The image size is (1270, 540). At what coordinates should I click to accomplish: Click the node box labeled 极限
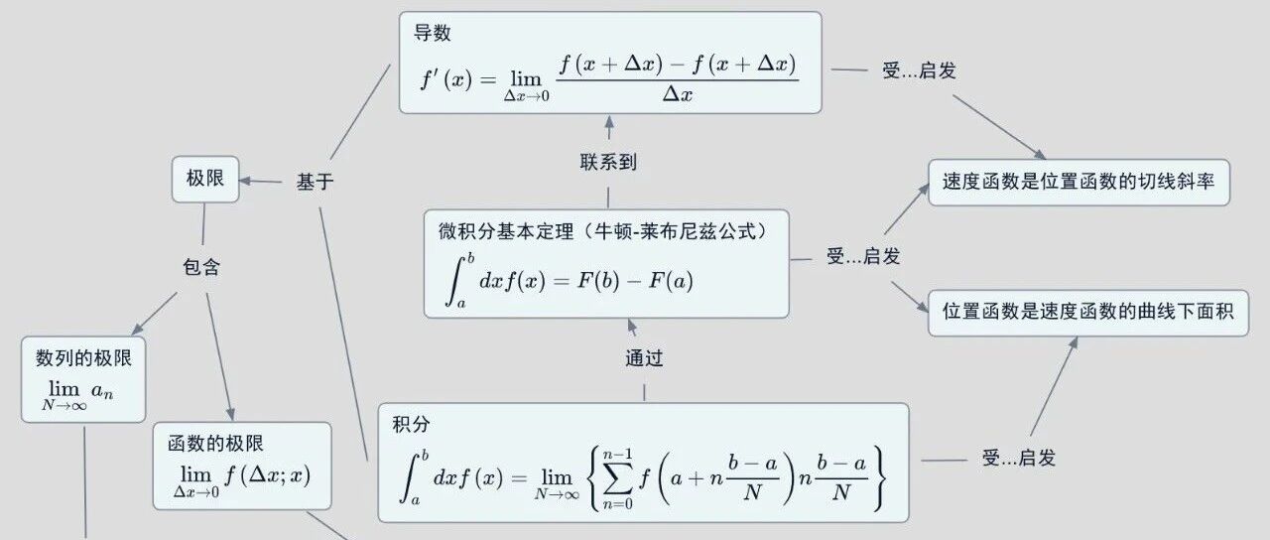(205, 179)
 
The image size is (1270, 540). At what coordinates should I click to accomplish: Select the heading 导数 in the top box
(433, 33)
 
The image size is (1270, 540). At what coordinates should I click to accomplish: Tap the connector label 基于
(316, 182)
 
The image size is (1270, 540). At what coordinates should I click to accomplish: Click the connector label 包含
(201, 267)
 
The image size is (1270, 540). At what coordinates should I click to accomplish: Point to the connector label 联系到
(608, 162)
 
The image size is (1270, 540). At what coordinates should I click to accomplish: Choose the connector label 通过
(644, 358)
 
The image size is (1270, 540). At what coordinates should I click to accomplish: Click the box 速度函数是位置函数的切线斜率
(1079, 183)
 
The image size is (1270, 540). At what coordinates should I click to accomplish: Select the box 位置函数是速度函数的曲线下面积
(1087, 312)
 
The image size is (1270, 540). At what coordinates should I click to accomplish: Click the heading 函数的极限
(215, 444)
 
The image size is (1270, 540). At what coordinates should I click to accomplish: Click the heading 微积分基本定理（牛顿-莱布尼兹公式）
(601, 232)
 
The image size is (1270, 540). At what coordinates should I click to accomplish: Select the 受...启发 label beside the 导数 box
(919, 71)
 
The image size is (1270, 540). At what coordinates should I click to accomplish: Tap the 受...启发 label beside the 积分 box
(1019, 458)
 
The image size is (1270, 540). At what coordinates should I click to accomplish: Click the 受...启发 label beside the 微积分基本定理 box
(863, 256)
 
